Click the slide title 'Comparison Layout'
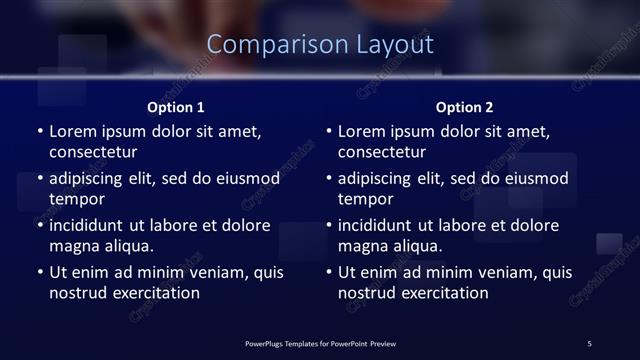coord(320,45)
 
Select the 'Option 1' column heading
coord(176,107)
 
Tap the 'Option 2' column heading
coord(464,107)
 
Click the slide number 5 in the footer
coord(589,343)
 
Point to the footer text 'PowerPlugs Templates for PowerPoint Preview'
coord(320,343)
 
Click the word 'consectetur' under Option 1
coord(93,152)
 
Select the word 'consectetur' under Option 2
coord(382,152)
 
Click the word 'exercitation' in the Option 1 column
coord(155,293)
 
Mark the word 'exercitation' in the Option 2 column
coord(444,293)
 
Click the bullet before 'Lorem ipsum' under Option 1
coord(39,131)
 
